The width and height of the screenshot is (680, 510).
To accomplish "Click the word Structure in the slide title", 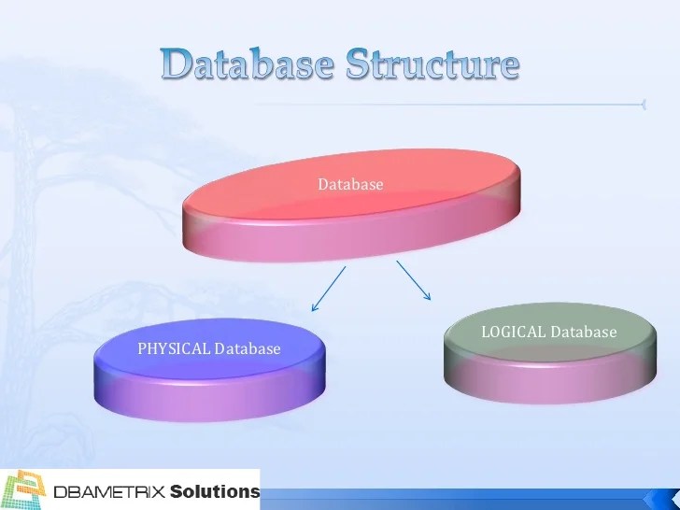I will tap(432, 64).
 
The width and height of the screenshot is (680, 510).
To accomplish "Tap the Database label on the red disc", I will tap(350, 185).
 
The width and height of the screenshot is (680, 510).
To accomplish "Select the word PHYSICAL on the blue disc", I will tap(175, 349).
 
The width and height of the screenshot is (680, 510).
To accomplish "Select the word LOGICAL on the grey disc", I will tap(514, 332).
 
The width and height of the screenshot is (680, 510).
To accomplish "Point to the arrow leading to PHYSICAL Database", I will tap(328, 289).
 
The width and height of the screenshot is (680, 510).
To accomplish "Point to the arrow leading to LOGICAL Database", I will tap(414, 280).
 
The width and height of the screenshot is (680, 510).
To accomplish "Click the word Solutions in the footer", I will tap(215, 491).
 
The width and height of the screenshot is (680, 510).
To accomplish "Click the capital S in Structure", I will tap(360, 64).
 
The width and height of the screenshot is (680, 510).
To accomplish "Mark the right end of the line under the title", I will tap(643, 105).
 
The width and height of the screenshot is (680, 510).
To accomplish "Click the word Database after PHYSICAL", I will tap(248, 349).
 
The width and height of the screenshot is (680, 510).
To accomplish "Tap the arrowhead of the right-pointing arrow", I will tap(429, 298).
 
